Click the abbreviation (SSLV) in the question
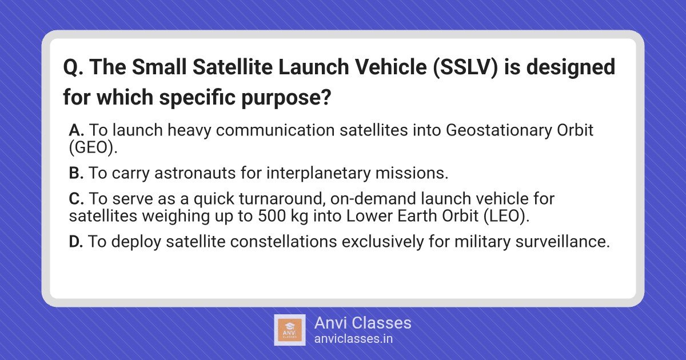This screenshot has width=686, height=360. tap(466, 67)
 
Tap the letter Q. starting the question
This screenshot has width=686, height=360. tap(73, 67)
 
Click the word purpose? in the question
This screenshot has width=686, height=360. tap(286, 98)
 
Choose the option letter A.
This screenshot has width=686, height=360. tap(76, 130)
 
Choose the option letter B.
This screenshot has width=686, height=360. tap(76, 173)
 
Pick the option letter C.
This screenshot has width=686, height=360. tap(76, 199)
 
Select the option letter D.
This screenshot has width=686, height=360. tap(76, 242)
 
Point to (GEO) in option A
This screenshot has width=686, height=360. tap(92, 148)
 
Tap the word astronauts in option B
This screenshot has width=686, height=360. tap(195, 173)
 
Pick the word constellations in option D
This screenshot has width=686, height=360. tap(284, 242)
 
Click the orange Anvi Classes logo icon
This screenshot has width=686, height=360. tap(290, 330)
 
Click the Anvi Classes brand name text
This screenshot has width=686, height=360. tap(362, 323)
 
